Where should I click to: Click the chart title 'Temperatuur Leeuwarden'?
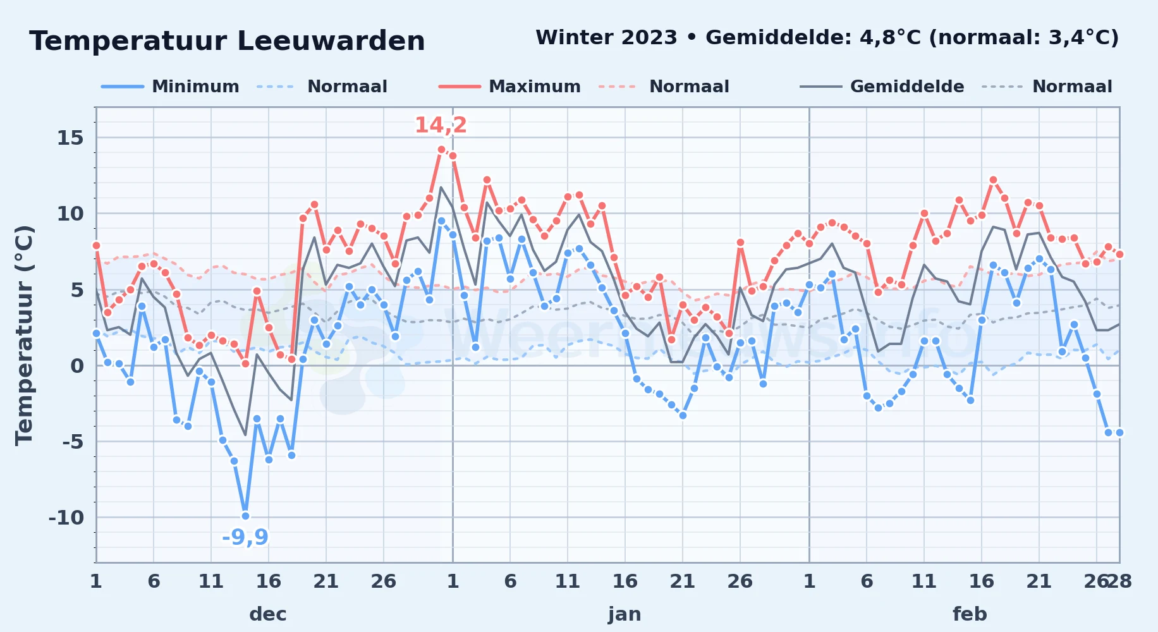coord(227,41)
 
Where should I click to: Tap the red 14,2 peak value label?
coord(441,125)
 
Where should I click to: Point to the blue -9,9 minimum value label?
coord(245,537)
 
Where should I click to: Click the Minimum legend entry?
coord(170,87)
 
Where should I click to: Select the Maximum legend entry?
coord(509,87)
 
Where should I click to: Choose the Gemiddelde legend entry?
coord(882,87)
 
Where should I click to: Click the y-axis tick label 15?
coord(70,138)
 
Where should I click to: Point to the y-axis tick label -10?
coord(66,518)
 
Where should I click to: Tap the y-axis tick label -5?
coord(73,442)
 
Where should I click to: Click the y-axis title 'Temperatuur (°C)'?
coord(24,336)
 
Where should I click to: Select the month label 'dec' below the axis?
coord(268,614)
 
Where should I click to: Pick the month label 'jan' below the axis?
coord(625,614)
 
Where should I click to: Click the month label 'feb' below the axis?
coord(970,614)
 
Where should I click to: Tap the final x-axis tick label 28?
coord(1119,581)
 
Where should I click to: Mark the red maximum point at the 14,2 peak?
coord(441,150)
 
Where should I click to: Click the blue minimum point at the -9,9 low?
coord(245,516)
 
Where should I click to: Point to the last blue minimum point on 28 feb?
coord(1119,432)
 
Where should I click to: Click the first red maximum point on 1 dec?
coord(96,245)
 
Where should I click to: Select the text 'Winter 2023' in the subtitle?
coord(606,37)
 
